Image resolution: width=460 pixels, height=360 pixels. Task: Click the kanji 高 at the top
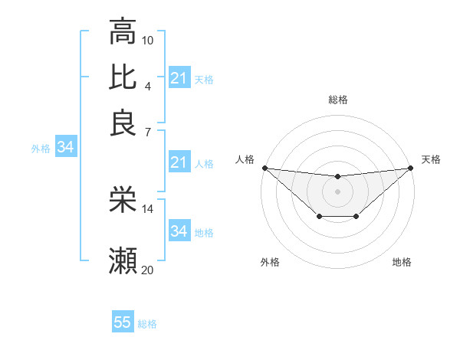pos(123,31)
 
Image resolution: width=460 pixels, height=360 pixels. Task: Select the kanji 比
pos(123,77)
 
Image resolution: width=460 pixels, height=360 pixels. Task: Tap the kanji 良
pos(123,123)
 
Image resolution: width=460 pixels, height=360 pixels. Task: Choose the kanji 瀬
pos(123,262)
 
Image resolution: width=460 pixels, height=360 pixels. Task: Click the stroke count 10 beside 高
pos(148,40)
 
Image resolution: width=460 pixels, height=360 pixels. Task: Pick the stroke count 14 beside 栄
pos(148,208)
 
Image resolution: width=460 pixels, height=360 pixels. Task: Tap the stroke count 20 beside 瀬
pos(148,270)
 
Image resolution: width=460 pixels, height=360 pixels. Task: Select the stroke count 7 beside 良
pos(148,131)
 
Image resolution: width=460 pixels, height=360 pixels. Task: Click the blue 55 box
pos(123,322)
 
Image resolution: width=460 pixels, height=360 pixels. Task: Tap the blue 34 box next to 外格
pos(65,148)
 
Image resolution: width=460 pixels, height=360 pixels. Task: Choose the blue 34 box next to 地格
pos(179,231)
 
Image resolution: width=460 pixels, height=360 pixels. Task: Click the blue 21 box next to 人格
pos(179,162)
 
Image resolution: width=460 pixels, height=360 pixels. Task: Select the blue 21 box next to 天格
pos(179,78)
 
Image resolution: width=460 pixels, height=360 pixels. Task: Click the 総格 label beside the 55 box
pos(147,324)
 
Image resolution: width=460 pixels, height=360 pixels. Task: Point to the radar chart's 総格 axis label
pos(337,100)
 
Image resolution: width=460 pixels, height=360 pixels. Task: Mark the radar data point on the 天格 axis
pos(410,168)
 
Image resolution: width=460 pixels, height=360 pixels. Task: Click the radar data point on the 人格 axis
pos(264,168)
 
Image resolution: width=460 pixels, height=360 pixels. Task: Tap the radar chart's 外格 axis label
pos(270,263)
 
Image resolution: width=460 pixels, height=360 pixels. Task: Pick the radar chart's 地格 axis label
pos(402,263)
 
